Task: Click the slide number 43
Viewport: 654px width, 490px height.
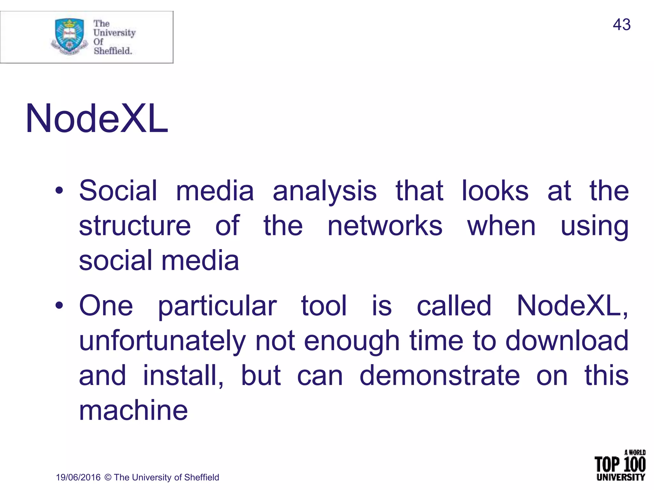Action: point(621,25)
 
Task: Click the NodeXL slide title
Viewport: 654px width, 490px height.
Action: point(96,119)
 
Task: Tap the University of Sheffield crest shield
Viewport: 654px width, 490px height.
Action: point(70,35)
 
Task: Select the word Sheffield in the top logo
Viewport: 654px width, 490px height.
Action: point(112,51)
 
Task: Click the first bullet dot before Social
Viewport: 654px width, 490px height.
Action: point(59,191)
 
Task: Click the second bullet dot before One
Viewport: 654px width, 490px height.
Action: point(59,306)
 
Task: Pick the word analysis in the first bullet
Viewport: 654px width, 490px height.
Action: point(324,191)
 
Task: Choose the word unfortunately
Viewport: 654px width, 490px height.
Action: point(162,341)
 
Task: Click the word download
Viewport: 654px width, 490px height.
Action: point(567,341)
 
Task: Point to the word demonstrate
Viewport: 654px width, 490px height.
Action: point(440,375)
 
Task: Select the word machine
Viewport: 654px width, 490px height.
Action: point(133,411)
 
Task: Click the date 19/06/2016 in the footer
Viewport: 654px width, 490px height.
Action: point(78,478)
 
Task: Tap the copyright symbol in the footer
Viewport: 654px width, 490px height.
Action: point(108,478)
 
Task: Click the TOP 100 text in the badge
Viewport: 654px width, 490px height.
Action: point(620,464)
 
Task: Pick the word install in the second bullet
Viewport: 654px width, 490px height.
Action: point(183,375)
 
